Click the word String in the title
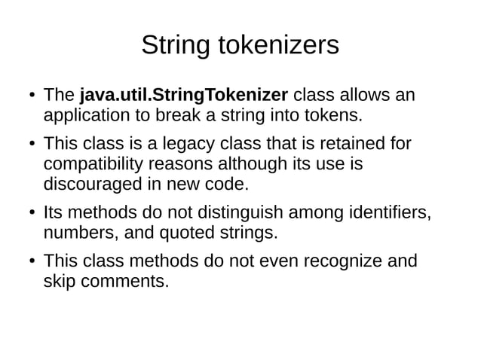(176, 47)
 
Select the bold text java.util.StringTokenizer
(184, 96)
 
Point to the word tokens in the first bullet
(335, 116)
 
